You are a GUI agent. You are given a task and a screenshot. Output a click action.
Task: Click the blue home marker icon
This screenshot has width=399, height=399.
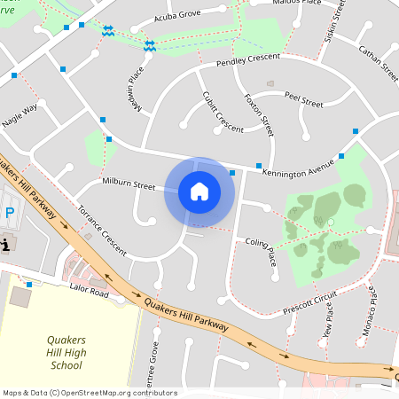[x=199, y=192]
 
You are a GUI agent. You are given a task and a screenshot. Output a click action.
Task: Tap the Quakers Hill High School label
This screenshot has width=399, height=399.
[x=66, y=352]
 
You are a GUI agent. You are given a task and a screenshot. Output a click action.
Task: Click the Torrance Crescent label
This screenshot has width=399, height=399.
[x=102, y=229]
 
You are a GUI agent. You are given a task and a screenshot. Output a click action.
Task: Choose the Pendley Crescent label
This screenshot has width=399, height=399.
[x=248, y=60]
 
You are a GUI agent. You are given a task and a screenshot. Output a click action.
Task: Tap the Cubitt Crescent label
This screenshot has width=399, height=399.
[x=223, y=112]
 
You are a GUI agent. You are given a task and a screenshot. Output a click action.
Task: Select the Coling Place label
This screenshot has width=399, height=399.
[x=262, y=247]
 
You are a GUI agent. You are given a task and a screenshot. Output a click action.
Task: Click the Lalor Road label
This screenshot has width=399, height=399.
[x=89, y=292]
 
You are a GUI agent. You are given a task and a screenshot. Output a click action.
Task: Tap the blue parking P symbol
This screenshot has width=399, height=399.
[x=10, y=213]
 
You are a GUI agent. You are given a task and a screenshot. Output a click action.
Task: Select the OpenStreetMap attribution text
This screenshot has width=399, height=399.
[x=90, y=393]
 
